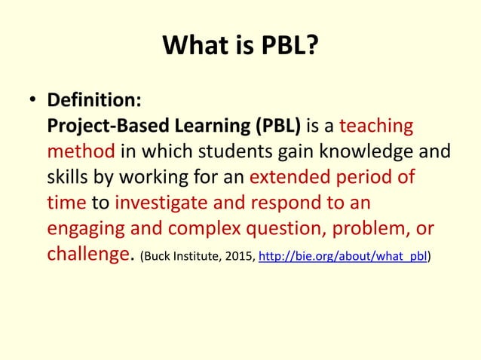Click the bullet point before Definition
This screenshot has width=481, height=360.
32,101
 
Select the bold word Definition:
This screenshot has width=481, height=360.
91,100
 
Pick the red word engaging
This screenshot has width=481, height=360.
83,229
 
